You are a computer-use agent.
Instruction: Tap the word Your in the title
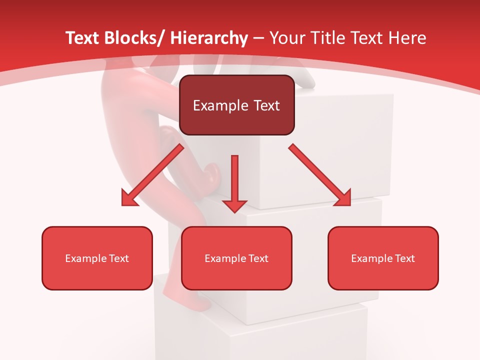(287, 38)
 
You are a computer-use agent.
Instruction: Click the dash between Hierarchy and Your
(258, 38)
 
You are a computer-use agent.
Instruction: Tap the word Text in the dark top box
(266, 105)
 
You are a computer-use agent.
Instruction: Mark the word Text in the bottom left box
(120, 258)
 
